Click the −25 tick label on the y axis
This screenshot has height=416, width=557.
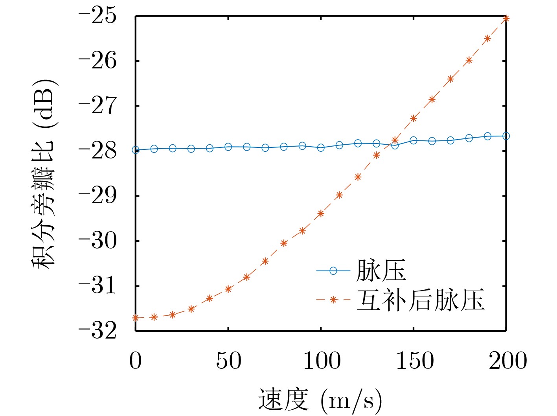pyautogui.click(x=98, y=16)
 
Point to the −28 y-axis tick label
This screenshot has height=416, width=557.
pyautogui.click(x=98, y=151)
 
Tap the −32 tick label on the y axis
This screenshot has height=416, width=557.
pyautogui.click(x=98, y=331)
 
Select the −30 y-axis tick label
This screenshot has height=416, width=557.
pyautogui.click(x=98, y=241)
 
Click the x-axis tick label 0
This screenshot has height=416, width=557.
pyautogui.click(x=135, y=361)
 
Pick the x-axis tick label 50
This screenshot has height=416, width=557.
pyautogui.click(x=228, y=361)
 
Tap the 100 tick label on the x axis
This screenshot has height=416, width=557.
pyautogui.click(x=322, y=361)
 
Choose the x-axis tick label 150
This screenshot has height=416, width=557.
pyautogui.click(x=414, y=361)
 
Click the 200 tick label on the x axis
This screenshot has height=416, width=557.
pyautogui.click(x=507, y=361)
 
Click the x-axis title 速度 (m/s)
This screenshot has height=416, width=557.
pyautogui.click(x=320, y=400)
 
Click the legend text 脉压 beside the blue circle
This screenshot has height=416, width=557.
pyautogui.click(x=381, y=271)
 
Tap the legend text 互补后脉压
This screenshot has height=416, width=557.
pyautogui.click(x=420, y=300)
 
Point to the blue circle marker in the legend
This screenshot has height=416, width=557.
pyautogui.click(x=333, y=271)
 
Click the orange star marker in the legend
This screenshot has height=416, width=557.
pyautogui.click(x=333, y=300)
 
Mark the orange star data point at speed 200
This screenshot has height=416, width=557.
pyautogui.click(x=506, y=18)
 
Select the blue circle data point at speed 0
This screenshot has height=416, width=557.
pyautogui.click(x=136, y=150)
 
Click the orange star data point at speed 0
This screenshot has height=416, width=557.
pyautogui.click(x=136, y=318)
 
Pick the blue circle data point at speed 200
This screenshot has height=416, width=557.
pyautogui.click(x=506, y=136)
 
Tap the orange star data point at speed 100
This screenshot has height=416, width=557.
pyautogui.click(x=321, y=214)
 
